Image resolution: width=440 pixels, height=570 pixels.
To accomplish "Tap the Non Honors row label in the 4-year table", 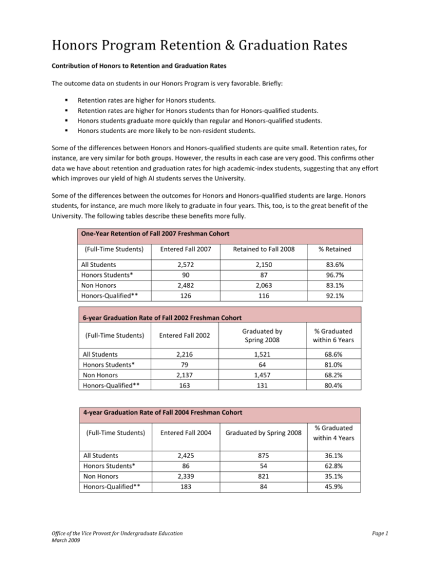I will pos(94,486).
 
